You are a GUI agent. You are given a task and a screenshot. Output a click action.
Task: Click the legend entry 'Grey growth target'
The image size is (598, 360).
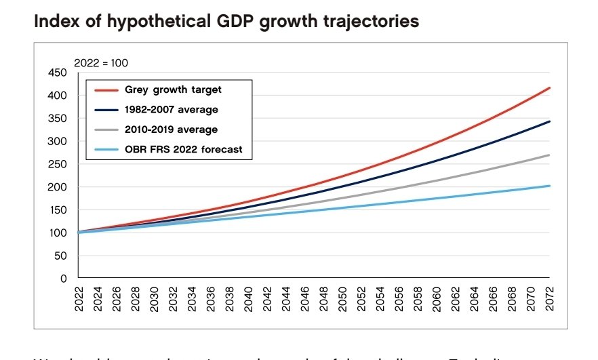(x=173, y=89)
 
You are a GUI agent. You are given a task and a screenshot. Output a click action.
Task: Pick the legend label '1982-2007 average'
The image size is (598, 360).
(x=171, y=109)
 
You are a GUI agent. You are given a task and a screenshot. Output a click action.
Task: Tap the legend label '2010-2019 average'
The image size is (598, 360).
(x=171, y=129)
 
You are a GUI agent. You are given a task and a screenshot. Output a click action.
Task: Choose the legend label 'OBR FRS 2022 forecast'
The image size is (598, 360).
(x=183, y=148)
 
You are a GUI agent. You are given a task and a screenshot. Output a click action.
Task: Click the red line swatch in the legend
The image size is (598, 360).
(x=106, y=89)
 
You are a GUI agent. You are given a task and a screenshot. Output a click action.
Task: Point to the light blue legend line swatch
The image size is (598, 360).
(x=106, y=148)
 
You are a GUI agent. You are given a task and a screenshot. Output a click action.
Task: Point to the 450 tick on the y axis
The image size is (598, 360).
(x=58, y=73)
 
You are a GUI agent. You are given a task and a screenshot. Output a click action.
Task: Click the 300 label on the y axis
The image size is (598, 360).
(x=58, y=141)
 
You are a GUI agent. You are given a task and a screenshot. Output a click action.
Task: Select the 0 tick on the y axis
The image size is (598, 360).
(x=64, y=278)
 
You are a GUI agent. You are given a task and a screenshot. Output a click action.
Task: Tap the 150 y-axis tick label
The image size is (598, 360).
(x=58, y=209)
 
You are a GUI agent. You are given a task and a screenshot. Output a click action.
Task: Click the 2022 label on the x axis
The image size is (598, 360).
(x=79, y=298)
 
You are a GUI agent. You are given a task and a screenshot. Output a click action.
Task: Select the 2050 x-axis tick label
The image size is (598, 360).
(x=342, y=298)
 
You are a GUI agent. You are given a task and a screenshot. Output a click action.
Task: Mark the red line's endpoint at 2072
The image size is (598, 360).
(x=549, y=87)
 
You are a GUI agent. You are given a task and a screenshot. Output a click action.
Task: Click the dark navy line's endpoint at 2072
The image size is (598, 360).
(x=549, y=121)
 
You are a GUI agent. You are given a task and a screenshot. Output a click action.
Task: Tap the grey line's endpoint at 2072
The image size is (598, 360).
(x=549, y=155)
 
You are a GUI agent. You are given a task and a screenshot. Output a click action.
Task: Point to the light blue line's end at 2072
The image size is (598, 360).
(x=549, y=186)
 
